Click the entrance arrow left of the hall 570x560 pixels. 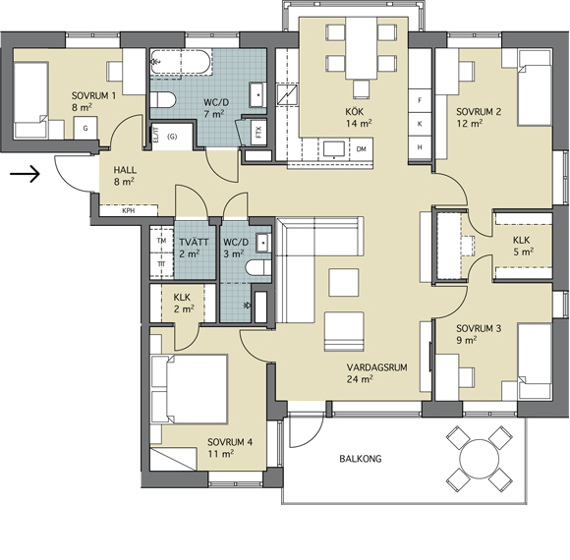(25, 174)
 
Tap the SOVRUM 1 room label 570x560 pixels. (93, 96)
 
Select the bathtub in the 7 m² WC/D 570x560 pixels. (181, 62)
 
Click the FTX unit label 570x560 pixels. (258, 133)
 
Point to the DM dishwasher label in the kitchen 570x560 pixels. (361, 149)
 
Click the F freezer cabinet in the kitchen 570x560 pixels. (420, 100)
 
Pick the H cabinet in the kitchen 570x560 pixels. (420, 147)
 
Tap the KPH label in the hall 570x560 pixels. (129, 210)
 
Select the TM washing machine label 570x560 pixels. (161, 241)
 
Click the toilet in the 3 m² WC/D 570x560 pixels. (258, 268)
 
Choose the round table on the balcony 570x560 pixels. (480, 459)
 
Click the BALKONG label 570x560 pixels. (361, 459)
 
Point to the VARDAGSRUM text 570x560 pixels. (377, 367)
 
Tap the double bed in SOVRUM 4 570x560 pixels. (190, 389)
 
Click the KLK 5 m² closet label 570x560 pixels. (523, 246)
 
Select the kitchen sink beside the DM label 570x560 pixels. (334, 149)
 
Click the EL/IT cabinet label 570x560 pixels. (156, 135)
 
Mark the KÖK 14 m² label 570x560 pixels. (359, 117)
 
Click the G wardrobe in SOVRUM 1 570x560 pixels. (85, 128)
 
